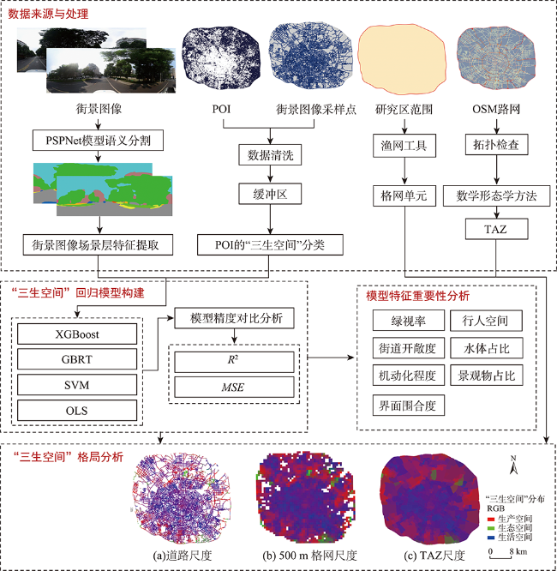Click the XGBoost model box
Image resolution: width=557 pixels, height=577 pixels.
pos(77,334)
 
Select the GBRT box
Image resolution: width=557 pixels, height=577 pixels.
pos(77,359)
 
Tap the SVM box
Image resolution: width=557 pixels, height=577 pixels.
pos(77,385)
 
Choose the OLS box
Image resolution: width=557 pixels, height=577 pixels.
pos(77,411)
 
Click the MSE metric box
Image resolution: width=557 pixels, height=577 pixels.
pos(234,388)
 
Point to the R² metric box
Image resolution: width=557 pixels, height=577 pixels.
pos(234,362)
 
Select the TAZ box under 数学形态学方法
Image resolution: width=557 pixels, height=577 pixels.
pos(497,229)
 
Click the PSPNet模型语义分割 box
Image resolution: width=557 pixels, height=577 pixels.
pos(98,141)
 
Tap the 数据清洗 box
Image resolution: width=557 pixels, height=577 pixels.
pos(270,155)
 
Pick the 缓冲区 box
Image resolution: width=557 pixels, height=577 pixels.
pos(270,194)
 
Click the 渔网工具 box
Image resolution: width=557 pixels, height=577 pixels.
pos(404,146)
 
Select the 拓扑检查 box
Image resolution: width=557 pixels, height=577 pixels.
pos(497,145)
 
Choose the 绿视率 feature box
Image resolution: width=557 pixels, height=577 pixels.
pos(409,321)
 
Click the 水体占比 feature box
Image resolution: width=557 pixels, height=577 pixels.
pos(487,348)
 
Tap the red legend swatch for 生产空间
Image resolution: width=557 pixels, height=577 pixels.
pos(491,520)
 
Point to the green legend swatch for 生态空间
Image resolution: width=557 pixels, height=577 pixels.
pos(491,528)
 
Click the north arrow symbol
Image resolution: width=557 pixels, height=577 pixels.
pos(513,466)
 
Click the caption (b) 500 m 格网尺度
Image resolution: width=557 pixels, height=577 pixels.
pos(309,556)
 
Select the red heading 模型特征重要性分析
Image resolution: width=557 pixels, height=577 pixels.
pos(417,296)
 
